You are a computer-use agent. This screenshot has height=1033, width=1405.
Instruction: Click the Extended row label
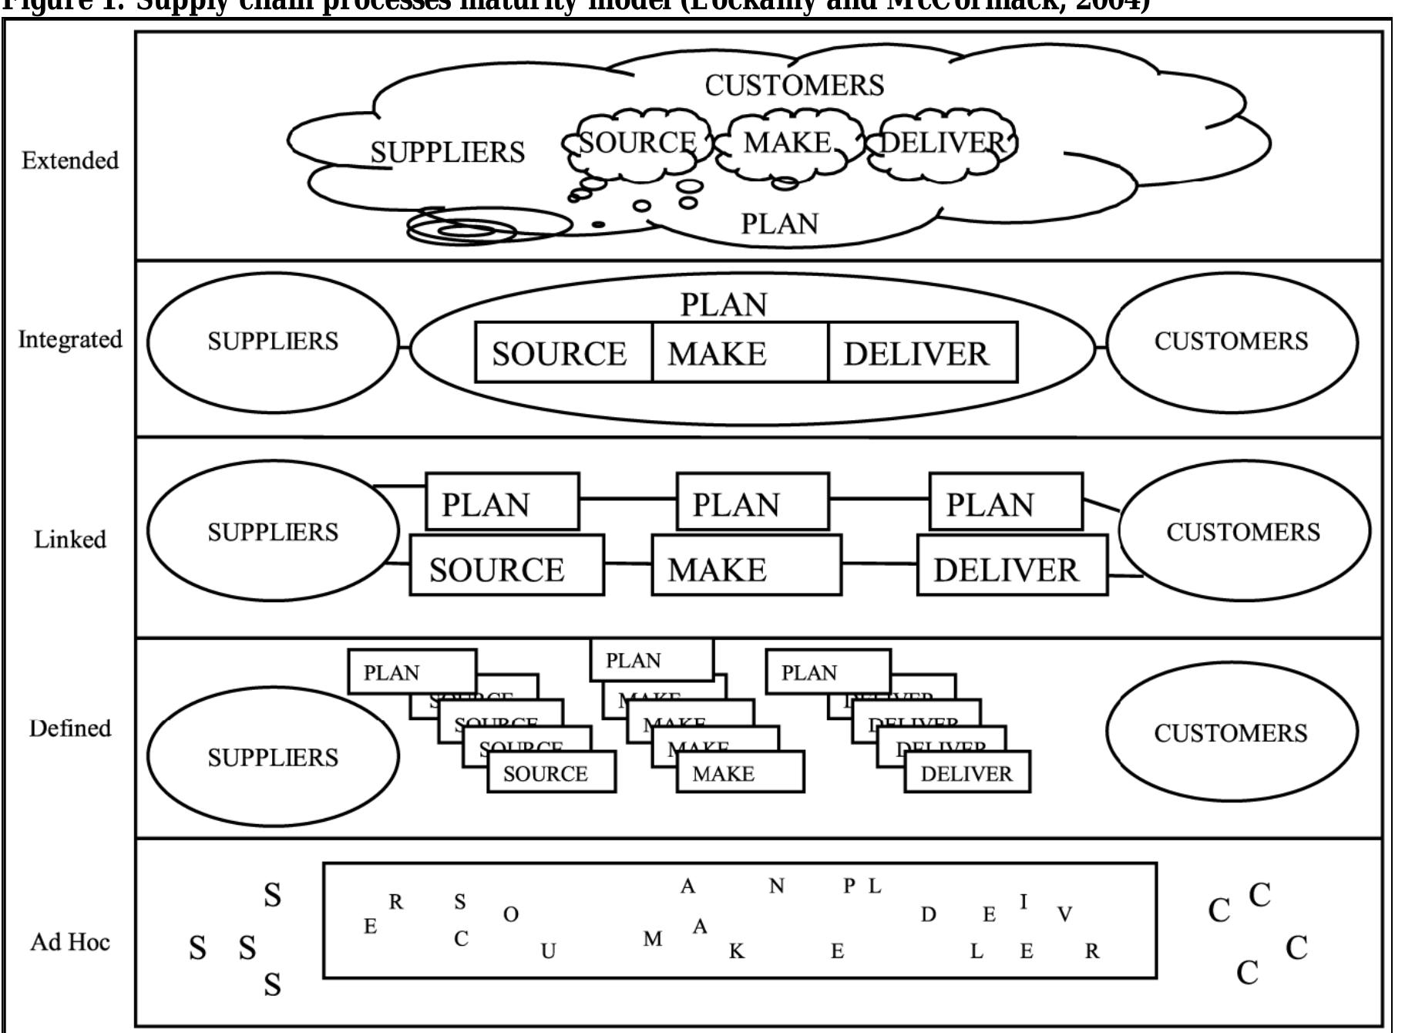[70, 160]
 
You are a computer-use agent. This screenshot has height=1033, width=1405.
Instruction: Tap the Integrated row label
[70, 339]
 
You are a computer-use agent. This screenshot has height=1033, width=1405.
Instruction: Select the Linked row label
[70, 539]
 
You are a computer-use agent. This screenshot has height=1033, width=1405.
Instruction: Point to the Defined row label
[70, 728]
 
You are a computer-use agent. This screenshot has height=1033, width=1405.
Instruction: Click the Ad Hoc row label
[70, 941]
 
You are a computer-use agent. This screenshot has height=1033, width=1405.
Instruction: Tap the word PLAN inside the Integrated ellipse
[724, 305]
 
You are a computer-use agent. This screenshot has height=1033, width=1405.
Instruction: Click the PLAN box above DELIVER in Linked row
[1005, 502]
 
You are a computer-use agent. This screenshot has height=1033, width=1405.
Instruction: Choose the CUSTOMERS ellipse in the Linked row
[1243, 531]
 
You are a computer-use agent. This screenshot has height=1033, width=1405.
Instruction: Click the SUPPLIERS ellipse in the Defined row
[273, 756]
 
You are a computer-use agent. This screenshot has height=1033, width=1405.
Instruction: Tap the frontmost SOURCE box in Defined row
[551, 773]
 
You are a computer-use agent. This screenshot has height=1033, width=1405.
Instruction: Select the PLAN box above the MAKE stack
[651, 661]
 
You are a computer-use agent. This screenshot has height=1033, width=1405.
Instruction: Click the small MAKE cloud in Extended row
[786, 144]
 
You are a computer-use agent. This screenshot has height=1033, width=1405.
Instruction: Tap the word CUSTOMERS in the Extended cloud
[794, 85]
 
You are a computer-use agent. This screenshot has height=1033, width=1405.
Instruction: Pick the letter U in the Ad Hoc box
[548, 951]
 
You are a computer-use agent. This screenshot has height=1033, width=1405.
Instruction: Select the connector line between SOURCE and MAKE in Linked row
[627, 564]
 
